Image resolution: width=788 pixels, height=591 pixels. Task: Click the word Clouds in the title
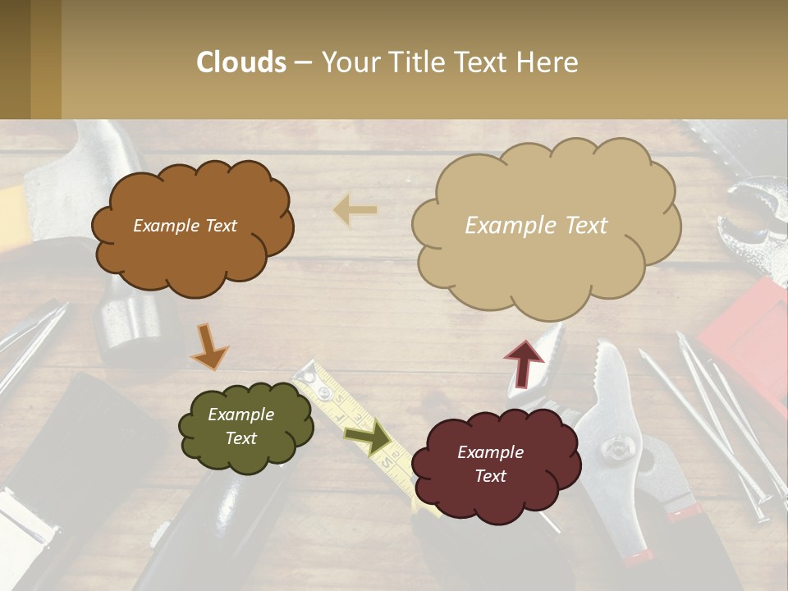(241, 62)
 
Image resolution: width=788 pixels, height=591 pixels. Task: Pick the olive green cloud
(245, 427)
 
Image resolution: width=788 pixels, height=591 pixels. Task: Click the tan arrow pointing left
(355, 211)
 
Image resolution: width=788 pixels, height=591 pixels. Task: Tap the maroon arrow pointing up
(525, 362)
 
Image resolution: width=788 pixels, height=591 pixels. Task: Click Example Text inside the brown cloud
(185, 226)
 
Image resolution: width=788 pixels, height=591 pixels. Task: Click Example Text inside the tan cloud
(536, 225)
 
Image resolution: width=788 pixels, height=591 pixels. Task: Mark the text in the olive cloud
(241, 426)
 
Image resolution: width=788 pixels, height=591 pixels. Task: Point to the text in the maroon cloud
(490, 464)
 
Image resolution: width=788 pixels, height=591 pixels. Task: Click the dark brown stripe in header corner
(15, 59)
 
